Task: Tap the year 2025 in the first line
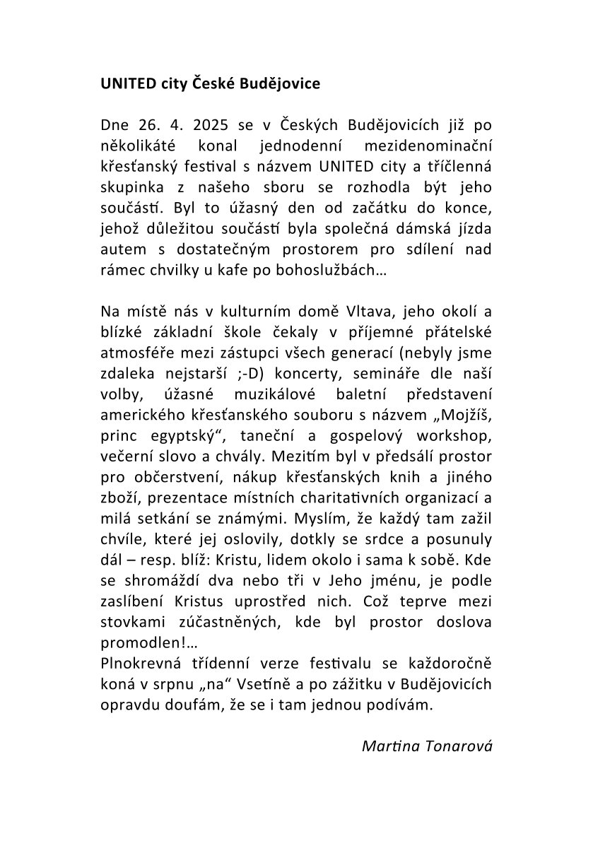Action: [x=208, y=126]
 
